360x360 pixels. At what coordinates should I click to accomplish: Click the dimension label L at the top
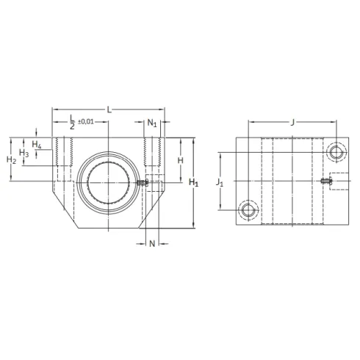point(109,109)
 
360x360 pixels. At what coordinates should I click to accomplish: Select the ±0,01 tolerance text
point(85,121)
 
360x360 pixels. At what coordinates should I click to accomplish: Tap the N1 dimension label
point(152,123)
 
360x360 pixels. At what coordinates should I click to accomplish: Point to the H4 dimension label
point(36,143)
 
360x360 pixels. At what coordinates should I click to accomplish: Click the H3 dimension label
point(24,153)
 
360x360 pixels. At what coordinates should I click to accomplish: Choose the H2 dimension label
point(11,159)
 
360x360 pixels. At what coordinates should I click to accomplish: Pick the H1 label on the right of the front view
point(193,182)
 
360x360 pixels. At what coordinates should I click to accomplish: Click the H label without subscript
point(180,159)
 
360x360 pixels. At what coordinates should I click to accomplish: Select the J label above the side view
point(293,122)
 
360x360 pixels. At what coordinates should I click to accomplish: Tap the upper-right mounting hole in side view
point(336,152)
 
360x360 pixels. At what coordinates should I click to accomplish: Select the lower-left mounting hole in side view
point(248,212)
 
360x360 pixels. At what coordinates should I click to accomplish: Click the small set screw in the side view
point(325,181)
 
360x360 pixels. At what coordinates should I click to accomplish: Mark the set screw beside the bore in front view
point(143,181)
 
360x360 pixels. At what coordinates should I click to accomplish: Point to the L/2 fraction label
point(71,121)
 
